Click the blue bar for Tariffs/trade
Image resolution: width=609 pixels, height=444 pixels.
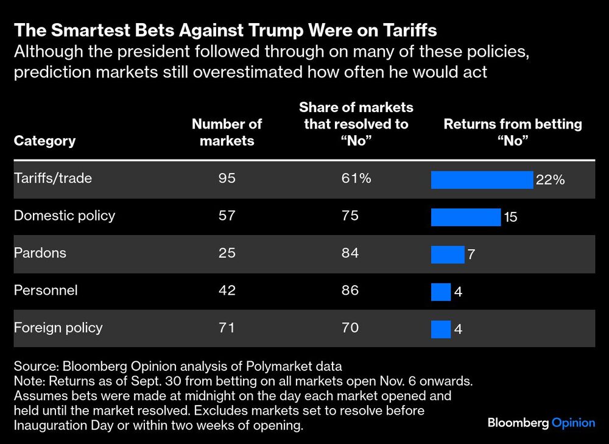(482, 180)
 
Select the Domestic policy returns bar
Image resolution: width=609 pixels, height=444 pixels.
(466, 217)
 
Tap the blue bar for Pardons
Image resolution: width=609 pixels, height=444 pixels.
(448, 254)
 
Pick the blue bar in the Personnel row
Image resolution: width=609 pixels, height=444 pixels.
(441, 292)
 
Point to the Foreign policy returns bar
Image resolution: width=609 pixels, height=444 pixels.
(441, 329)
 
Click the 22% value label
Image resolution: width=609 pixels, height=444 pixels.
(551, 180)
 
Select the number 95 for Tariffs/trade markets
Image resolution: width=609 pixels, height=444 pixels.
(227, 178)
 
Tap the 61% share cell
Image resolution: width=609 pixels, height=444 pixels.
(355, 178)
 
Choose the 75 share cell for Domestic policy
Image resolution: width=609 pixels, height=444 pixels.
(350, 216)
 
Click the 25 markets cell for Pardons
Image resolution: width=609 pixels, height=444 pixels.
(227, 253)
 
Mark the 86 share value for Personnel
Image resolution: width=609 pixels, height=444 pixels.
(350, 291)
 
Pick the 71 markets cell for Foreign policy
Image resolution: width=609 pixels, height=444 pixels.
(227, 328)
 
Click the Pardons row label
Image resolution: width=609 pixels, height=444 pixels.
(39, 253)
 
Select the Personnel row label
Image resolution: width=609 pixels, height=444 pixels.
(46, 291)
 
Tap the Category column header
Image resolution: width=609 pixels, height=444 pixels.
(44, 141)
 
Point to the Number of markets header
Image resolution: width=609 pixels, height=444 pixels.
(227, 132)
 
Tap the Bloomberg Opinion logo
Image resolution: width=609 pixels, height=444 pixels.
(541, 423)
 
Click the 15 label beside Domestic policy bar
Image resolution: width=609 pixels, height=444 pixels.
(510, 217)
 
